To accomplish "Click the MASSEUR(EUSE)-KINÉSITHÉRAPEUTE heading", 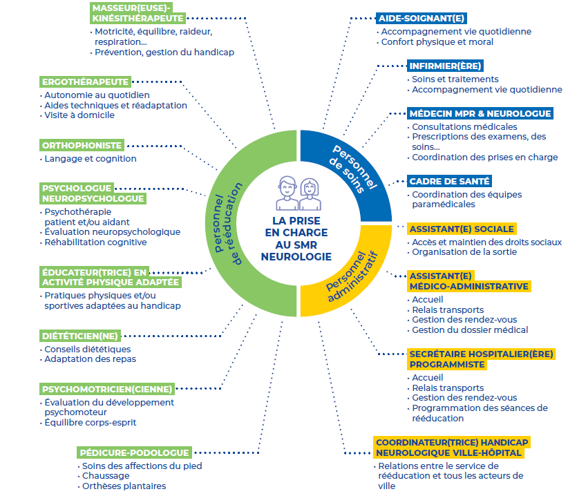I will (137, 13).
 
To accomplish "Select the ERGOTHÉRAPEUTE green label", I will (85, 82).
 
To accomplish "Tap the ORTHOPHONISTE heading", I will (82, 145).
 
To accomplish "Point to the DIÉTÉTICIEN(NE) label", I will (80, 336).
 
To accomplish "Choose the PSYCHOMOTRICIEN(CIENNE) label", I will (106, 389).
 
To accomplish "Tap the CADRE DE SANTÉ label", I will (449, 181).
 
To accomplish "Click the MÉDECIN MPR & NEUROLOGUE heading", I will (480, 113).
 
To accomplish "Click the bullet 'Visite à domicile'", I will (79, 115).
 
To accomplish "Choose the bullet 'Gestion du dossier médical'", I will (469, 330).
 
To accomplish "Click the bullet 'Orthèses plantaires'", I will (124, 486).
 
